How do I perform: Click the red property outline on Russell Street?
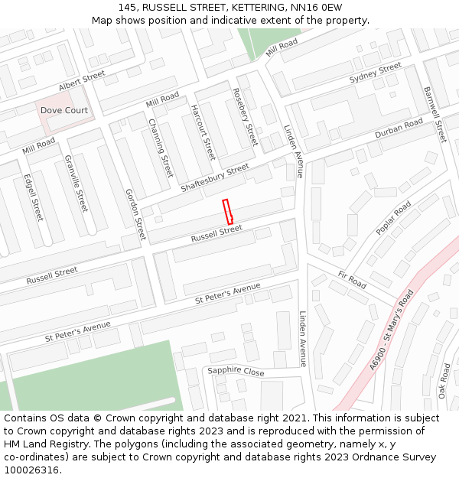pos(227,212)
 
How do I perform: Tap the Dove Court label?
pos(64,110)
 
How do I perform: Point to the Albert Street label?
pos(82,80)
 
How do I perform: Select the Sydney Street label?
pos(375,73)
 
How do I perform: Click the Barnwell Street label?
pos(434,114)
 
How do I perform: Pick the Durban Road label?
pos(399,128)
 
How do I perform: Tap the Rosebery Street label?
pos(245,117)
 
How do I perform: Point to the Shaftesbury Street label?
pos(215,178)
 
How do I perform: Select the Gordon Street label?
pos(135,214)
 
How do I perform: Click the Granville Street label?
pos(76,184)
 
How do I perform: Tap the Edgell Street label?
pos(34,198)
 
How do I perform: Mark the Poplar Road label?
pos(393,218)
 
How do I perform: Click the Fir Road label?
pos(352,279)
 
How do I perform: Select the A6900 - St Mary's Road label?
pos(391,330)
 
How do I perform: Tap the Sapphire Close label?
pos(236,371)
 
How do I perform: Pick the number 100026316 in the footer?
pos(31,470)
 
